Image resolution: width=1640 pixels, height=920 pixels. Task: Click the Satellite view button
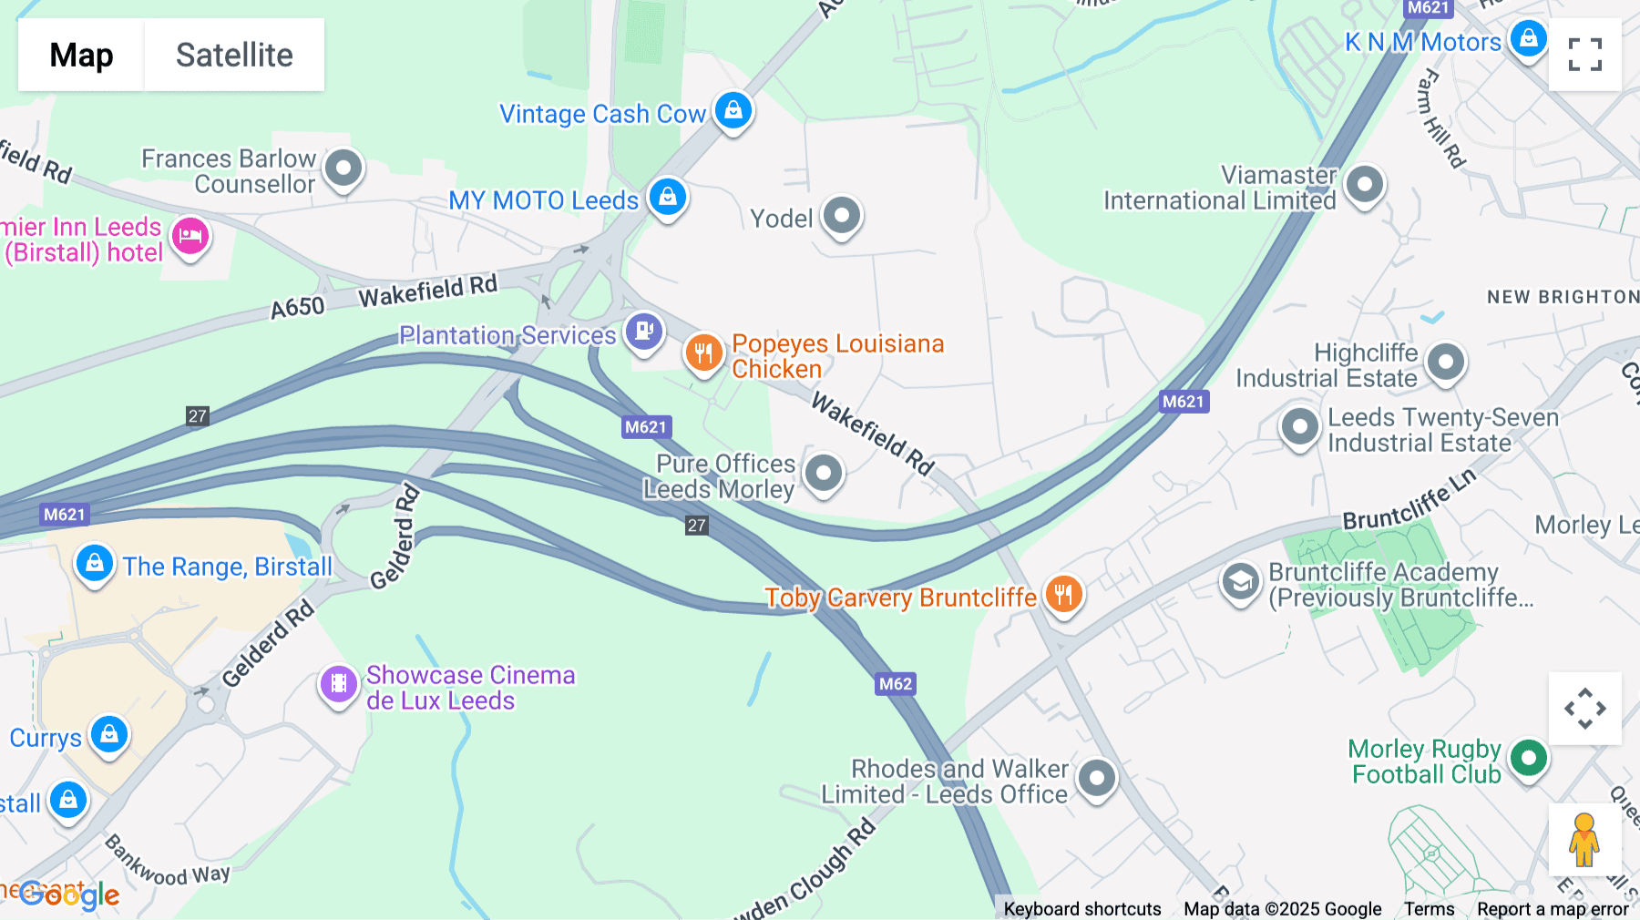point(234,55)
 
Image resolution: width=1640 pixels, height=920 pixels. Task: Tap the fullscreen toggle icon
point(1584,55)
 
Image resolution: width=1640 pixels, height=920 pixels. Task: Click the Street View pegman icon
point(1584,840)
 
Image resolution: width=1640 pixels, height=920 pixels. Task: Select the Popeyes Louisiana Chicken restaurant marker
point(703,353)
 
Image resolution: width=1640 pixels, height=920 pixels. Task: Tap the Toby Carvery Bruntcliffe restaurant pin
point(1063,594)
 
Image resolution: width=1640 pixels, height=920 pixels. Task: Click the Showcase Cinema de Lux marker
point(338,682)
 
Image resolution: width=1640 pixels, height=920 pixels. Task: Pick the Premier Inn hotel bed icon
point(190,236)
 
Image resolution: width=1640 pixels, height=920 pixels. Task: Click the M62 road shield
point(895,684)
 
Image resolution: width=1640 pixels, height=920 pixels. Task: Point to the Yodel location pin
point(841,217)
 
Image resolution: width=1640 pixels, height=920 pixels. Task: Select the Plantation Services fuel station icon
point(644,331)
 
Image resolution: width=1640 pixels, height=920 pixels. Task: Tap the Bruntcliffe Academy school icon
point(1240,580)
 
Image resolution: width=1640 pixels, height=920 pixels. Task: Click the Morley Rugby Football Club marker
point(1528,758)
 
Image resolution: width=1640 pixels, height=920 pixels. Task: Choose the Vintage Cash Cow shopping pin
point(733,111)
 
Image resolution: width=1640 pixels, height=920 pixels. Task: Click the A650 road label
point(298,308)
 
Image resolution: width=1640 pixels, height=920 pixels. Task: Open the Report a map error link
point(1553,909)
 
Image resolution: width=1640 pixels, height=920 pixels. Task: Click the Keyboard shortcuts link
point(1082,909)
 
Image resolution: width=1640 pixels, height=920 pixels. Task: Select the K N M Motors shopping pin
point(1528,39)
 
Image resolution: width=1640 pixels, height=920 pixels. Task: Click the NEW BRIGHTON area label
point(1562,297)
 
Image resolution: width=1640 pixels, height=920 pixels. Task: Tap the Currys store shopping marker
point(109,734)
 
